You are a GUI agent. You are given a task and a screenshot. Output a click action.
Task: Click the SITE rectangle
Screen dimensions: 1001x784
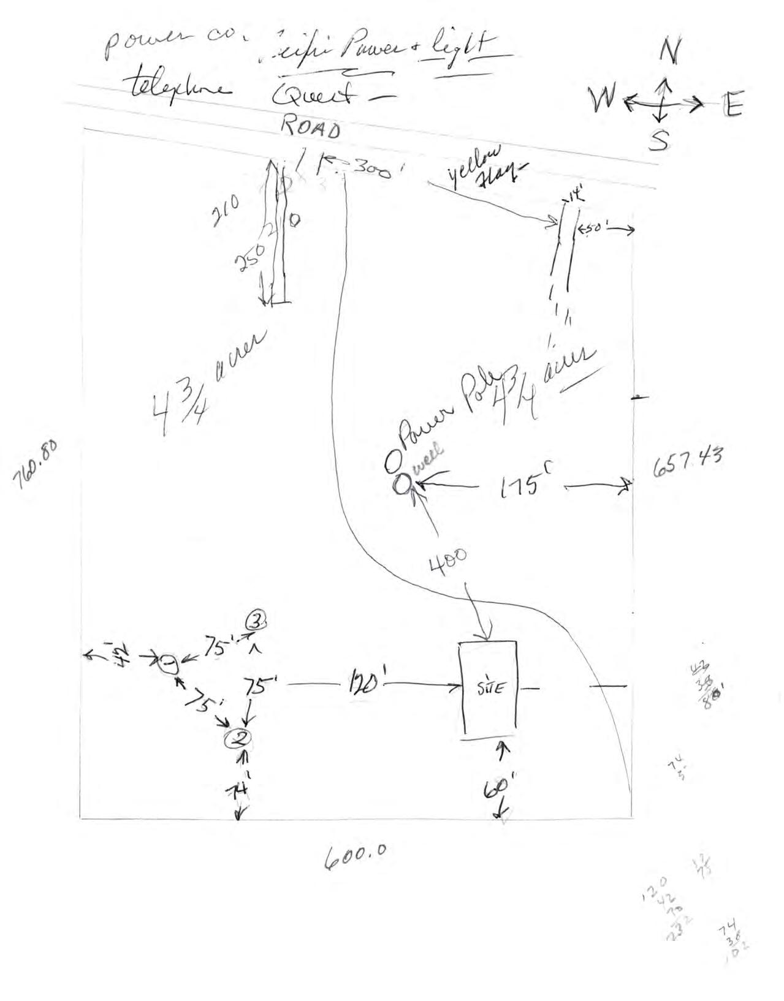(488, 687)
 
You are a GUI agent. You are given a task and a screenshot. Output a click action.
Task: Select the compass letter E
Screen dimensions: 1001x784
(732, 105)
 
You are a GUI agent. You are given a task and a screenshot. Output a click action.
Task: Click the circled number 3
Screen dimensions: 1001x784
(256, 622)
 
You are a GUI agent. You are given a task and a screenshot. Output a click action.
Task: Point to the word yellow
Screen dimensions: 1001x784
(475, 163)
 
